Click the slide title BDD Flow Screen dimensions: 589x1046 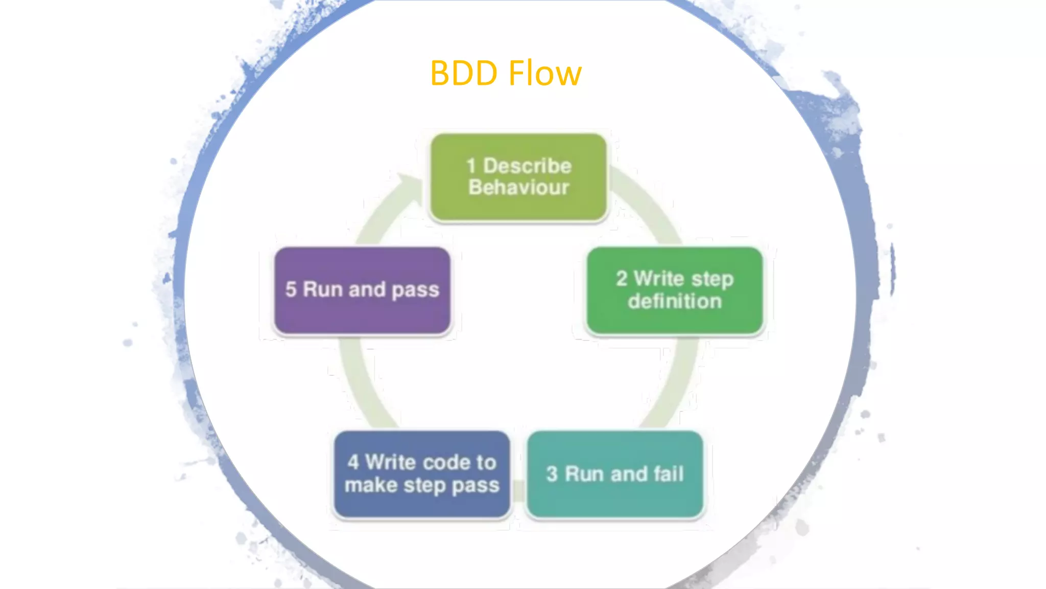pyautogui.click(x=506, y=73)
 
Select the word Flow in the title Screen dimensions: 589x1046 pyautogui.click(x=545, y=73)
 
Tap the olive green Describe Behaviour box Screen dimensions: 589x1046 pyautogui.click(x=518, y=177)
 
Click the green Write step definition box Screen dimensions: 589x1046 pyautogui.click(x=675, y=290)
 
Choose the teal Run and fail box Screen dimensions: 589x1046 pyautogui.click(x=615, y=474)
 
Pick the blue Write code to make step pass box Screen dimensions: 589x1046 pyautogui.click(x=422, y=474)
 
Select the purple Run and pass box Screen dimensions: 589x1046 pyautogui.click(x=362, y=290)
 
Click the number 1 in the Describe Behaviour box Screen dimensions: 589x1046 pyautogui.click(x=471, y=166)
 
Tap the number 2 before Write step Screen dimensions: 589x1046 pyautogui.click(x=621, y=279)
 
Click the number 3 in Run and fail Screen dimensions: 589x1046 pyautogui.click(x=552, y=474)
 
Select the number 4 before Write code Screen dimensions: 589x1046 pyautogui.click(x=353, y=462)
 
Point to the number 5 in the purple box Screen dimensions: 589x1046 pyautogui.click(x=291, y=289)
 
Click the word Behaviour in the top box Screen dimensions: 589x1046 pyautogui.click(x=518, y=188)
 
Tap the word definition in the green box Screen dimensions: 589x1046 pyautogui.click(x=675, y=301)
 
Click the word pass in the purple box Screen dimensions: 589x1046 pyautogui.click(x=415, y=290)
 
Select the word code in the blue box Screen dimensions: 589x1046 pyautogui.click(x=445, y=462)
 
